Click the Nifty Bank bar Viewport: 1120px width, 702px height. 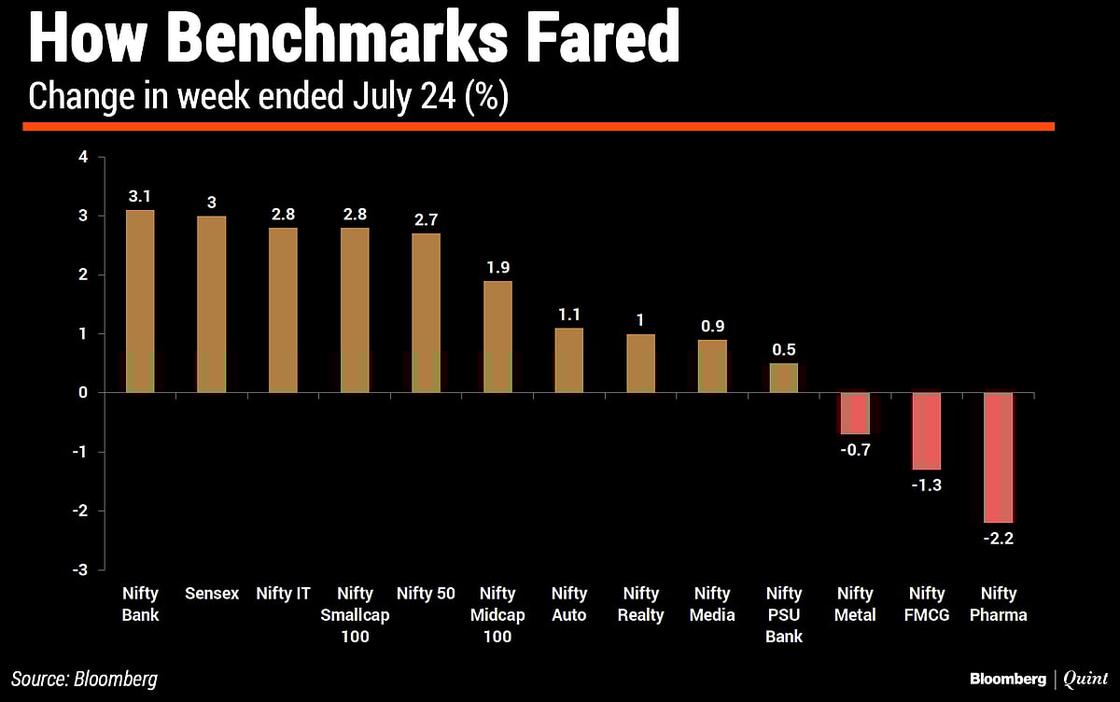pyautogui.click(x=140, y=302)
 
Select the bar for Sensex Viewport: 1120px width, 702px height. pyautogui.click(x=212, y=304)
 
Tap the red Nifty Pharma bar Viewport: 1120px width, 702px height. pyautogui.click(x=999, y=457)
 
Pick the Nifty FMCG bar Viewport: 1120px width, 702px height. pyautogui.click(x=927, y=430)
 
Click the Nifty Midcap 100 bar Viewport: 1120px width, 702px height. pyautogui.click(x=497, y=337)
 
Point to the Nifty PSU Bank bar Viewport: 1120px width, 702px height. pyautogui.click(x=784, y=378)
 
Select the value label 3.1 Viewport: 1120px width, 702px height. pyautogui.click(x=140, y=197)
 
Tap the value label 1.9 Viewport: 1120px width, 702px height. pyautogui.click(x=497, y=268)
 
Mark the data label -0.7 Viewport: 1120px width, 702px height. pyautogui.click(x=855, y=449)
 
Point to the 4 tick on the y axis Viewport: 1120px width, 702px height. pyautogui.click(x=83, y=157)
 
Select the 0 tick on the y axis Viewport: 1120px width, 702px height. pyautogui.click(x=83, y=393)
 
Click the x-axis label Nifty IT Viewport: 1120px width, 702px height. pyautogui.click(x=284, y=594)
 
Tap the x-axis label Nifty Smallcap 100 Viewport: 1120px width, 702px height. pyautogui.click(x=355, y=615)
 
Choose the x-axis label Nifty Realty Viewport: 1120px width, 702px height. pyautogui.click(x=641, y=604)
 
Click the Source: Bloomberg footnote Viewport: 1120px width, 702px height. pyautogui.click(x=85, y=679)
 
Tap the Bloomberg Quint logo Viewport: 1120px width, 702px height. pyautogui.click(x=1039, y=679)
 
